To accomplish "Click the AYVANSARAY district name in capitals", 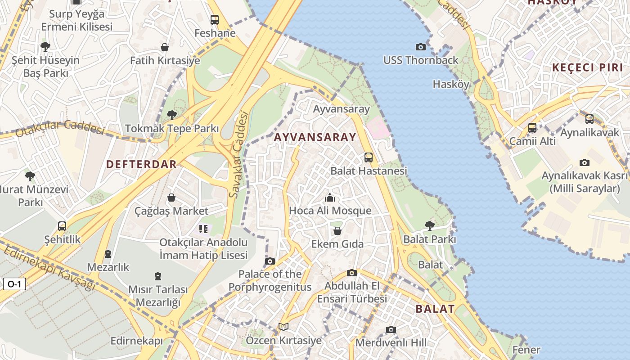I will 315,137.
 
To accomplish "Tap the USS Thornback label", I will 421,60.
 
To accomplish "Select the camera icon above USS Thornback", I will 421,47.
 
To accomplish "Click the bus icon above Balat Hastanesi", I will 369,157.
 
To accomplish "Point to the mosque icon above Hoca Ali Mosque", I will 330,198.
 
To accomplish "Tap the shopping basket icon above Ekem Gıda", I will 337,231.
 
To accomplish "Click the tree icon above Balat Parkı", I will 430,225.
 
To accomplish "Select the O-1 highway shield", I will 14,284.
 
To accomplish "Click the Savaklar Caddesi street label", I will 238,155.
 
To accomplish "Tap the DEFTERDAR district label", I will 141,164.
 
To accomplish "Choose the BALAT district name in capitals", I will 435,309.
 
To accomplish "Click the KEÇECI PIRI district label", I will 588,67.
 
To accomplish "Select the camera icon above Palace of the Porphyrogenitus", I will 270,261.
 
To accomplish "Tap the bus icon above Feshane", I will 215,20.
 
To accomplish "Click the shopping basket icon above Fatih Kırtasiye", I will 165,47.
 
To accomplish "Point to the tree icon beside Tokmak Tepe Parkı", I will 171,115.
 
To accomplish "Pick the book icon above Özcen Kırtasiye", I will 283,327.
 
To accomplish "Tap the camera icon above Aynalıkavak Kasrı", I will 585,162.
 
